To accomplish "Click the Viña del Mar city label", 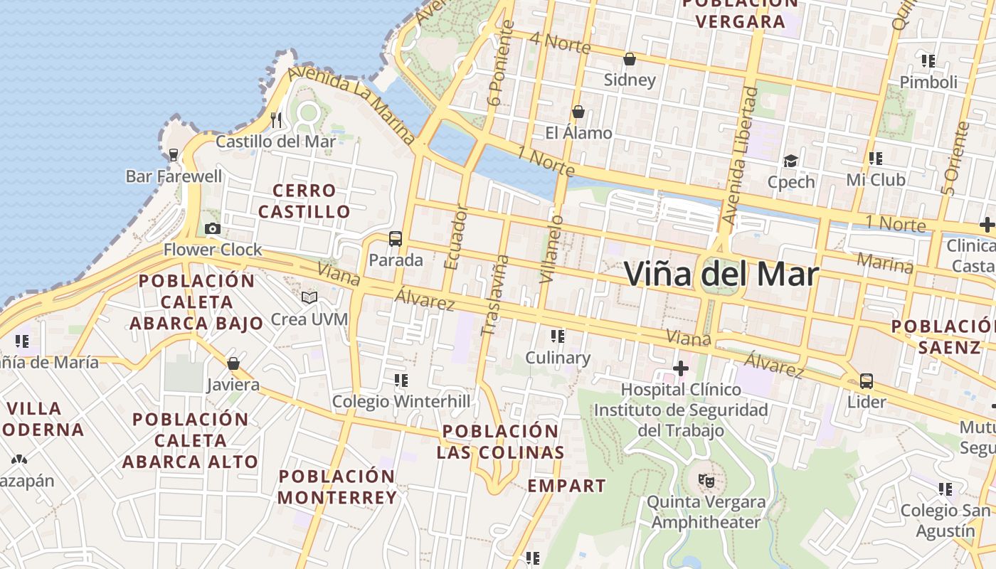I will coord(721,274).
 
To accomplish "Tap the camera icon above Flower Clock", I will coord(212,228).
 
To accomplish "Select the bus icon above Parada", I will coord(396,239).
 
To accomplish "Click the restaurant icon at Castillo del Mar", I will coord(276,119).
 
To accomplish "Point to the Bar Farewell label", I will coord(174,176).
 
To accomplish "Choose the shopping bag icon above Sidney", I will coord(630,59).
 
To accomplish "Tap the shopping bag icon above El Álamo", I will coord(578,112).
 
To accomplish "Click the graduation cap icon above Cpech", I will coord(790,161).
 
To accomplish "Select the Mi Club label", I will coord(876,180).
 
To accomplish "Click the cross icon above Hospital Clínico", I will coord(681,368).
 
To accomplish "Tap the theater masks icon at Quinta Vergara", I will coord(706,480).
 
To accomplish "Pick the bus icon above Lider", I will coord(866,381).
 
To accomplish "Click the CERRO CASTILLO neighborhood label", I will coord(304,201).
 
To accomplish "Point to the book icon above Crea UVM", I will coord(309,297).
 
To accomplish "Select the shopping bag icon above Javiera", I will coord(233,363).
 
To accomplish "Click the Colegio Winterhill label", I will coord(401,402).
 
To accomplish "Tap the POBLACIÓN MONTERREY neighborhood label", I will coord(337,487).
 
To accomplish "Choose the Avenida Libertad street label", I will coord(738,156).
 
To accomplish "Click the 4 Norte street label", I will coord(560,43).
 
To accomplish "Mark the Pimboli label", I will coord(928,82).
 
